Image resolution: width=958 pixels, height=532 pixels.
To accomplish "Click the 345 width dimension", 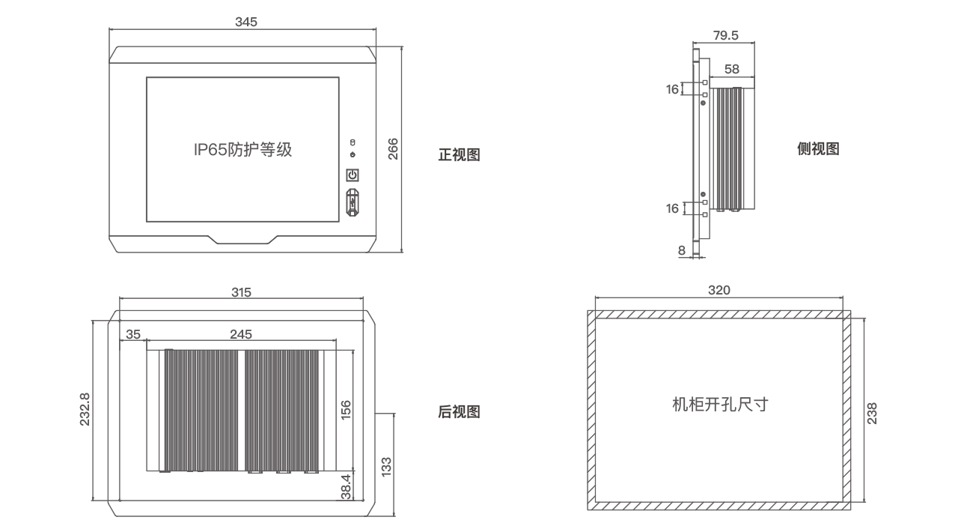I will tap(245, 22).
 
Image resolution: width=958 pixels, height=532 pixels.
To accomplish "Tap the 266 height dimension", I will tap(392, 149).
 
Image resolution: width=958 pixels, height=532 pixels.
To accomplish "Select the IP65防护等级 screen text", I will tap(242, 150).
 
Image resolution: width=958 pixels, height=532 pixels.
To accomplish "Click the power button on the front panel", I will tap(353, 175).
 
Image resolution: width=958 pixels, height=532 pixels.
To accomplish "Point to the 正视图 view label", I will tap(459, 155).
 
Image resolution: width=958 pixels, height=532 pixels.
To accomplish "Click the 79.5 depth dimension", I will tap(725, 35).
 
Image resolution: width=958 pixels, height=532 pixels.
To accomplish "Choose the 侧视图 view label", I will tap(818, 149).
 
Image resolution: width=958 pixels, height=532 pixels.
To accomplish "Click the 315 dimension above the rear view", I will tap(241, 292).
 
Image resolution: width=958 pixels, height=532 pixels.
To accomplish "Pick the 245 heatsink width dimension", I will tap(241, 333).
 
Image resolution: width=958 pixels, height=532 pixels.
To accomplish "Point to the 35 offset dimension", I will tap(133, 333).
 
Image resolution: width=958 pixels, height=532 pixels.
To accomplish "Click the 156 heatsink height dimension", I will tap(346, 410).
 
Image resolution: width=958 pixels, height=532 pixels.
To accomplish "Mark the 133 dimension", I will tap(386, 466).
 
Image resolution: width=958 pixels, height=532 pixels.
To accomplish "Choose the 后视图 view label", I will tap(459, 412).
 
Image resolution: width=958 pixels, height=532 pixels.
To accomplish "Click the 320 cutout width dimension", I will tap(718, 291).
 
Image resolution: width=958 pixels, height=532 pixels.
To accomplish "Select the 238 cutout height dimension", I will tap(872, 413).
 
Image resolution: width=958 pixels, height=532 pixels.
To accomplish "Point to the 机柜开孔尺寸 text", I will tap(720, 405).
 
